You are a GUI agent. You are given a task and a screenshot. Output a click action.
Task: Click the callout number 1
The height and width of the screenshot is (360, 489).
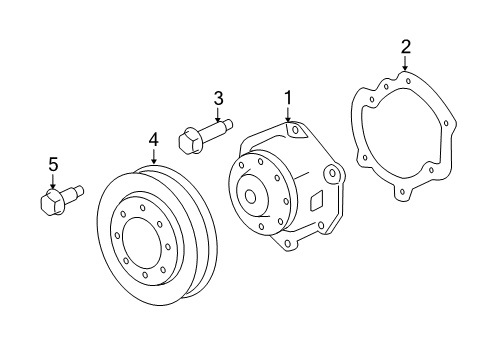pyautogui.click(x=287, y=97)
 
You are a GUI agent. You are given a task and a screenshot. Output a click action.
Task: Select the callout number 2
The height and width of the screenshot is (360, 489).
pyautogui.click(x=405, y=45)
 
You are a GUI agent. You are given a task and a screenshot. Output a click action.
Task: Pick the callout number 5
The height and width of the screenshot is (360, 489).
pyautogui.click(x=52, y=163)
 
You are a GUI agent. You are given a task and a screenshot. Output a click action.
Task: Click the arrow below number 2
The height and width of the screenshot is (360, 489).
pyautogui.click(x=405, y=63)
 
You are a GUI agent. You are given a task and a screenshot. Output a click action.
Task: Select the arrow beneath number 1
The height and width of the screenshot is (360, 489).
pyautogui.click(x=287, y=115)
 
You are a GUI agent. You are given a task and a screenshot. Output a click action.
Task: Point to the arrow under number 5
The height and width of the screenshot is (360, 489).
pyautogui.click(x=52, y=180)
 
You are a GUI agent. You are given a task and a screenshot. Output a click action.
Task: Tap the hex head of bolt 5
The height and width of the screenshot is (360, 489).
pyautogui.click(x=52, y=203)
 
